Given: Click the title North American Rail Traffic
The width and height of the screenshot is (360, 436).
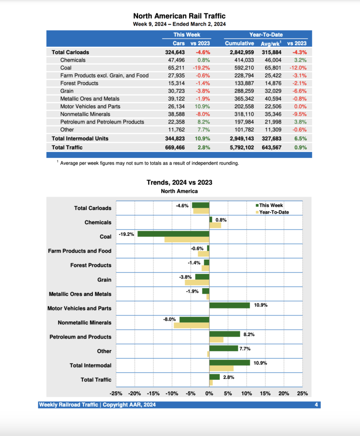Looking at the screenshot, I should (x=179, y=16).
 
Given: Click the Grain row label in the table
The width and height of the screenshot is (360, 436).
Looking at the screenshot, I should (x=67, y=91).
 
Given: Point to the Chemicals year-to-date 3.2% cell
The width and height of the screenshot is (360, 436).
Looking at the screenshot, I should (x=300, y=60).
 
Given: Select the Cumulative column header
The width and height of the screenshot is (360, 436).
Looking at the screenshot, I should (x=239, y=43).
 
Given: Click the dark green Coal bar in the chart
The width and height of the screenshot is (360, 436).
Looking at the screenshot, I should (x=173, y=234).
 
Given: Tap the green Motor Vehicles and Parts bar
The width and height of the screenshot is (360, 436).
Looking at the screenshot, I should (x=229, y=305).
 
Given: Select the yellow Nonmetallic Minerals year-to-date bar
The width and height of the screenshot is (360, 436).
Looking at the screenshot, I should (x=191, y=326).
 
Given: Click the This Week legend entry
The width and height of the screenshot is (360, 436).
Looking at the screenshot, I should (x=271, y=205).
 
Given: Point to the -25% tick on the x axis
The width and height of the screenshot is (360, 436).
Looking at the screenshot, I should (x=116, y=393).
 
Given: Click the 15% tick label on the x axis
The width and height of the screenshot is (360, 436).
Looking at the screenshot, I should (x=265, y=393).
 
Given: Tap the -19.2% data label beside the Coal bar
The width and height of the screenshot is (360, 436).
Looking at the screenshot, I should (x=127, y=234).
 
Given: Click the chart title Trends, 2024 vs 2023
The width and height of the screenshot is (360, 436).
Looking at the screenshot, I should (x=179, y=182).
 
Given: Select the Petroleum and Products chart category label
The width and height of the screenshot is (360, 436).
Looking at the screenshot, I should (x=80, y=337).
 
